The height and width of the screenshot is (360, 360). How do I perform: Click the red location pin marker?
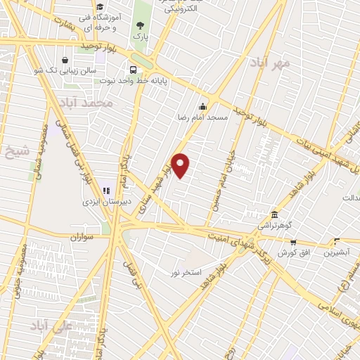[181, 165]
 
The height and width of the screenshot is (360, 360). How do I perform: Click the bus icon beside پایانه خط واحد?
[132, 69]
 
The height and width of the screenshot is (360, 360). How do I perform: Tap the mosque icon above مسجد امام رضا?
[202, 107]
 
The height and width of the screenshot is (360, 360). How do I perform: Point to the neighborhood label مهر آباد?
[269, 64]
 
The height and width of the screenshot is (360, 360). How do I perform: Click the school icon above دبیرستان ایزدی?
[107, 190]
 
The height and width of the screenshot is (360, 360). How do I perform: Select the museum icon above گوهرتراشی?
[274, 215]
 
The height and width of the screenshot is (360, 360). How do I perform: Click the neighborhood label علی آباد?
[51, 326]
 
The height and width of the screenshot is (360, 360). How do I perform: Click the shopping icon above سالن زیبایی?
[65, 60]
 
